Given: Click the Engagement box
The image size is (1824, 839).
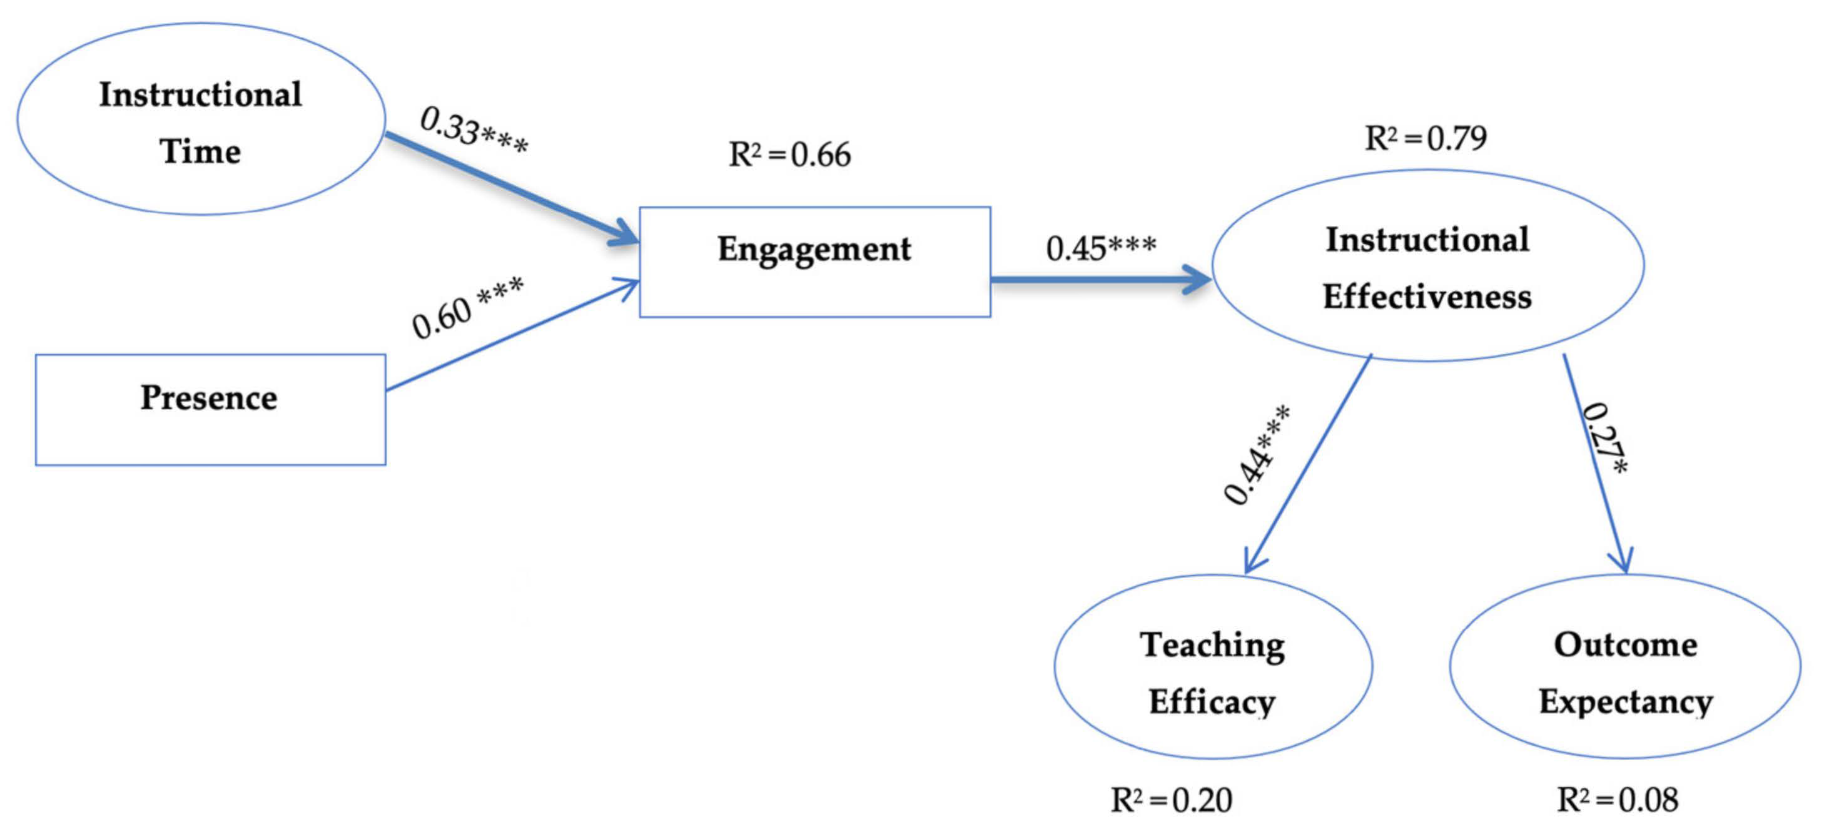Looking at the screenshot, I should tap(814, 262).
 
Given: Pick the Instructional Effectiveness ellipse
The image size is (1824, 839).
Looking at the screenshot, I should tap(1427, 265).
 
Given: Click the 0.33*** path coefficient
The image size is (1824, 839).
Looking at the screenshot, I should tap(473, 130).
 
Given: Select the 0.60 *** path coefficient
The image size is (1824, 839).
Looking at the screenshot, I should tap(467, 307).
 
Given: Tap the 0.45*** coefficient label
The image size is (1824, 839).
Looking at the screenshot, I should tap(1100, 248).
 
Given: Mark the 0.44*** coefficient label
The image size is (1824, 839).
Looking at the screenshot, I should tap(1257, 455).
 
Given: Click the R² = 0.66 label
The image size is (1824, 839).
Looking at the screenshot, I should tap(789, 155).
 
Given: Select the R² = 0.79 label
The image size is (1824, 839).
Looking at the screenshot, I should tap(1425, 138).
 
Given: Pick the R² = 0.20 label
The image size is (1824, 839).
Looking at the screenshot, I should tap(1171, 800).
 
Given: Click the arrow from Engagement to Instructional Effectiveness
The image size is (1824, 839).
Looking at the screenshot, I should tap(1098, 279).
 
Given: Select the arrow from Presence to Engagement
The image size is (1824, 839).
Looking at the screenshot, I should tap(510, 335).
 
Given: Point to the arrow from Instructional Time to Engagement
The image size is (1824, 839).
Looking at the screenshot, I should tap(510, 188).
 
